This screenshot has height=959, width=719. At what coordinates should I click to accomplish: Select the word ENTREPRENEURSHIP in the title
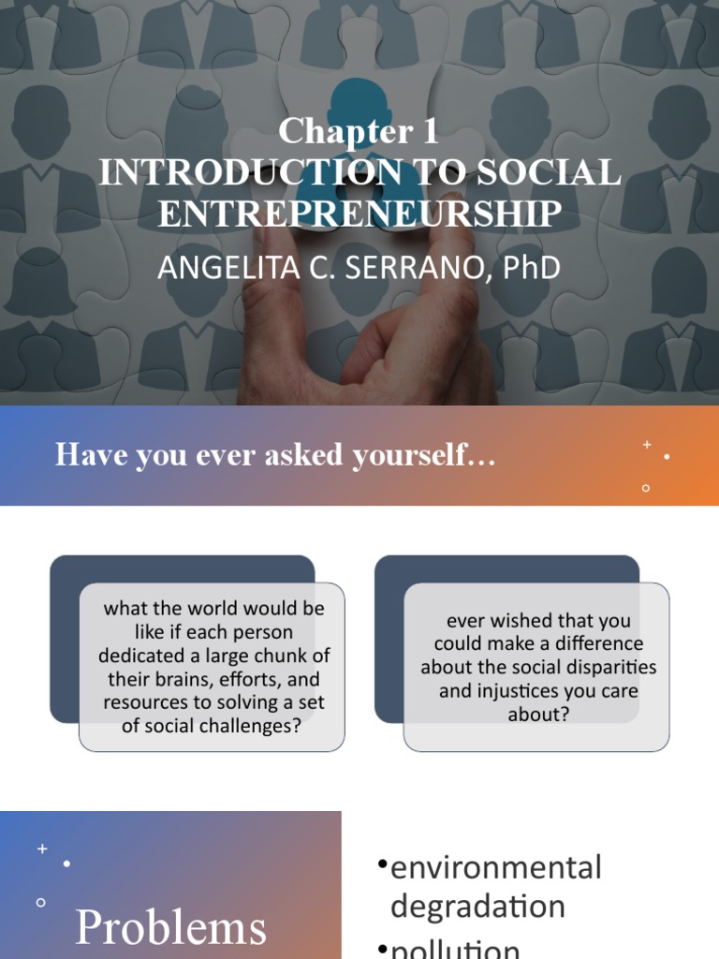(359, 214)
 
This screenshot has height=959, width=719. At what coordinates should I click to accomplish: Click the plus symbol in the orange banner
(646, 445)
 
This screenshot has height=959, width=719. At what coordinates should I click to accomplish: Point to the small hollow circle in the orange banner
(646, 488)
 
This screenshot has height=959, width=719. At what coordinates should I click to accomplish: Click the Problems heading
(170, 928)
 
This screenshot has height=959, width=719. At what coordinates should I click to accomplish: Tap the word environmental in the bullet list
(495, 867)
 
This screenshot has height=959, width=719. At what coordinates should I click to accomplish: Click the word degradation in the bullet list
(477, 907)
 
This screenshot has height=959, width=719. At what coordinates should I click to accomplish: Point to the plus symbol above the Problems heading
(42, 848)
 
